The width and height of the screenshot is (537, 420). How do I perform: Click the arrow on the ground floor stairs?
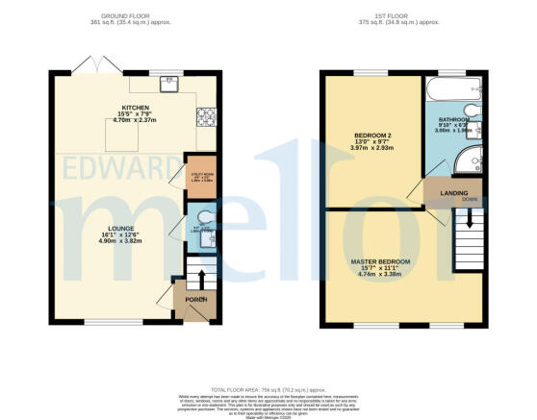203,279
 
